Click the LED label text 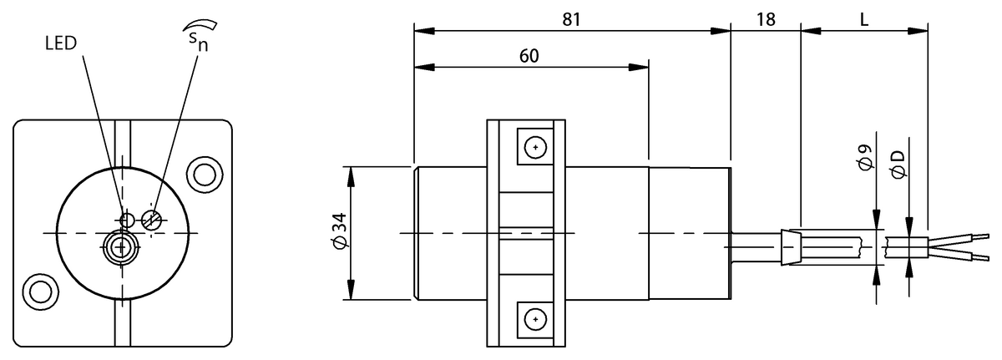pos(61,43)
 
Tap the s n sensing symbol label pos(200,36)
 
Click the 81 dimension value pos(571,20)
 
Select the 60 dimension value pos(529,56)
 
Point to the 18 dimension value pos(766,20)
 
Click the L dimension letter pos(864,20)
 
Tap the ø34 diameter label pos(341,229)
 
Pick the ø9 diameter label pos(867,157)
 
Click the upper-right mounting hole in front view pos(205,174)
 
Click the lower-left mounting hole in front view pos(41,292)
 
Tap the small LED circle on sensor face pos(128,220)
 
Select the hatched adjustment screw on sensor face pos(151,220)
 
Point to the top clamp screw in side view pos(535,147)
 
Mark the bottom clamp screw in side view pos(535,319)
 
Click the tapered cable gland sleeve pos(791,247)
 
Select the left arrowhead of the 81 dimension pos(424,31)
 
